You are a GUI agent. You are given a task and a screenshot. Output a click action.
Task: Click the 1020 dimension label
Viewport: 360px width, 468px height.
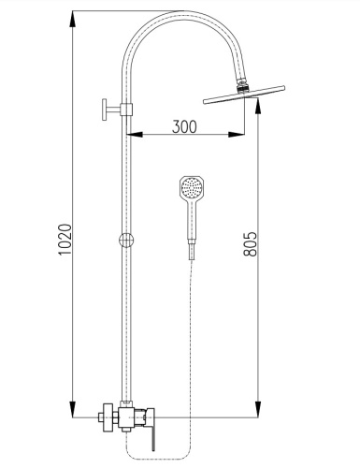click(65, 240)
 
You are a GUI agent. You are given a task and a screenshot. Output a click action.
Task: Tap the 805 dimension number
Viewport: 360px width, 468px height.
click(251, 244)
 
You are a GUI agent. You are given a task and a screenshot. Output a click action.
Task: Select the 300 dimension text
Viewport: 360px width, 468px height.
click(184, 126)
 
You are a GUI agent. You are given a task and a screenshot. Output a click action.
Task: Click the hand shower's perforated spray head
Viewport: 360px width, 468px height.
click(192, 187)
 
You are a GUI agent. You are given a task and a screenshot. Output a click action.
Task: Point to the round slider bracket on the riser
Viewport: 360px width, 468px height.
click(126, 240)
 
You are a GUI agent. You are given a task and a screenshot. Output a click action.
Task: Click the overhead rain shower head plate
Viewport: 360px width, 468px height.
click(244, 94)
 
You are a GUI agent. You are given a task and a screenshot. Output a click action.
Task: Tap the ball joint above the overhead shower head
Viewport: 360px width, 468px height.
click(241, 85)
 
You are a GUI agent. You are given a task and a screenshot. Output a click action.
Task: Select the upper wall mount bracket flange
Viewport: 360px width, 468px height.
click(104, 110)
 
